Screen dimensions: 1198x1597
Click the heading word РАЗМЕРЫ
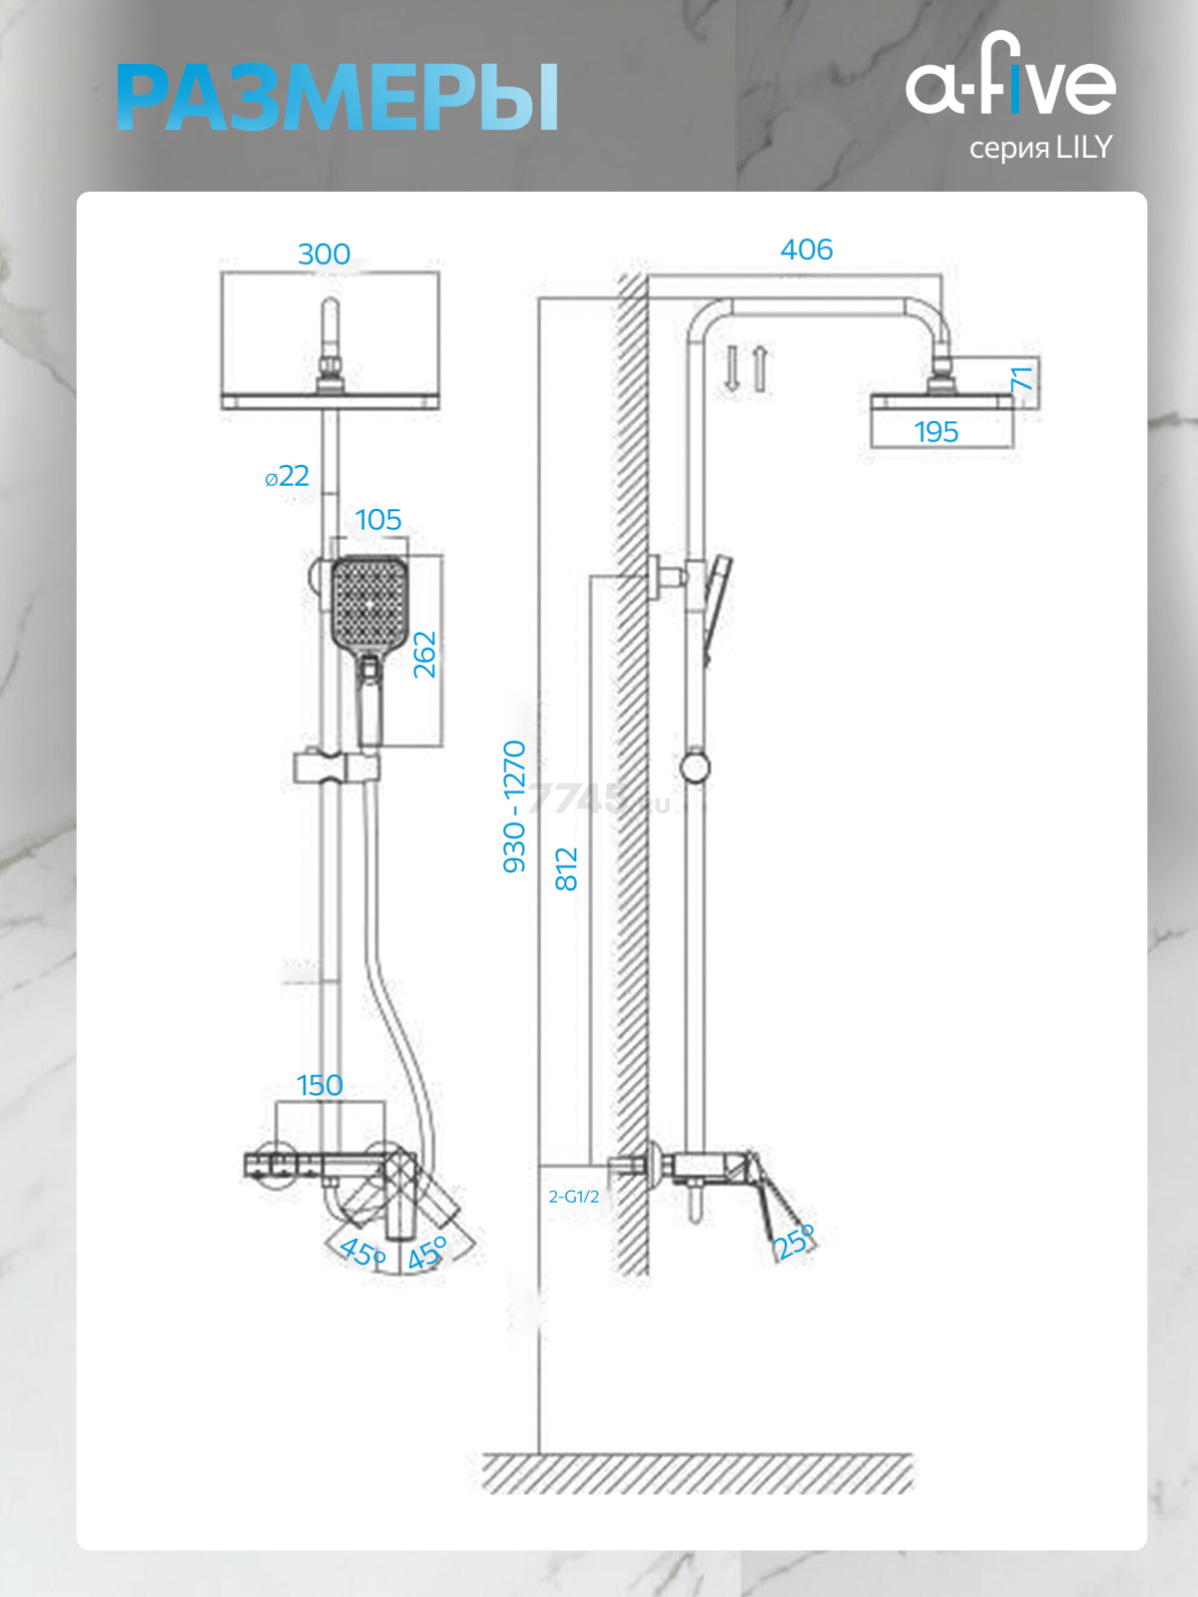(336, 98)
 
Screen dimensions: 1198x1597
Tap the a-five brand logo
(1010, 73)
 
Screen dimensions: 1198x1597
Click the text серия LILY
(1041, 148)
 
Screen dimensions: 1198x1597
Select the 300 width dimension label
(324, 254)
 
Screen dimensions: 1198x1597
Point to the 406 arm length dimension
(806, 250)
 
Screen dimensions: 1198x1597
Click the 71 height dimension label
(1022, 378)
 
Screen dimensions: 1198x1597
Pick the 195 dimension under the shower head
(936, 431)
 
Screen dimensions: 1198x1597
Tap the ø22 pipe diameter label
(288, 476)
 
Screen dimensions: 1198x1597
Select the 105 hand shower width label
(378, 519)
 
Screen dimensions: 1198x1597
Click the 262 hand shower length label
(424, 655)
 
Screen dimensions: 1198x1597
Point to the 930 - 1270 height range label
(513, 806)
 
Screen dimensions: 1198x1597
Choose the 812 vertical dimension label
(566, 868)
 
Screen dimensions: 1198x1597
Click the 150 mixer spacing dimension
(320, 1086)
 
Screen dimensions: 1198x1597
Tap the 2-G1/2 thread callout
(574, 1197)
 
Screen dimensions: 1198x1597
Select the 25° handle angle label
(795, 1242)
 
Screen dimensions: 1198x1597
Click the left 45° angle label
(361, 1252)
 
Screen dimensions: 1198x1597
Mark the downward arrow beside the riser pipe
(732, 369)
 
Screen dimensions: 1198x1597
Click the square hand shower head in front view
(369, 603)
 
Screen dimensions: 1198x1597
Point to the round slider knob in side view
(696, 767)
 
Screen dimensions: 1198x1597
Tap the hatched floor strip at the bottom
(697, 1472)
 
